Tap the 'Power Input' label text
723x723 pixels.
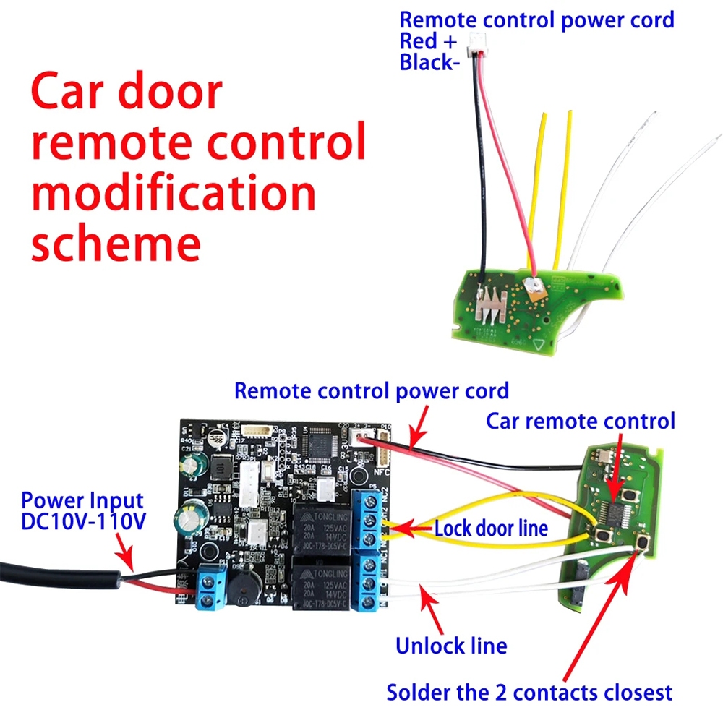tap(82, 500)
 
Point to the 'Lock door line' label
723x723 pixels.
tap(491, 529)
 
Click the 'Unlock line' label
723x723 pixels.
tap(450, 645)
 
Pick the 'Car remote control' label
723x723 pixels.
tap(580, 421)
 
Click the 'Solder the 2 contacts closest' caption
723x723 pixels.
tap(529, 692)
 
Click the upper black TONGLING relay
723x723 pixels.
tap(321, 529)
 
